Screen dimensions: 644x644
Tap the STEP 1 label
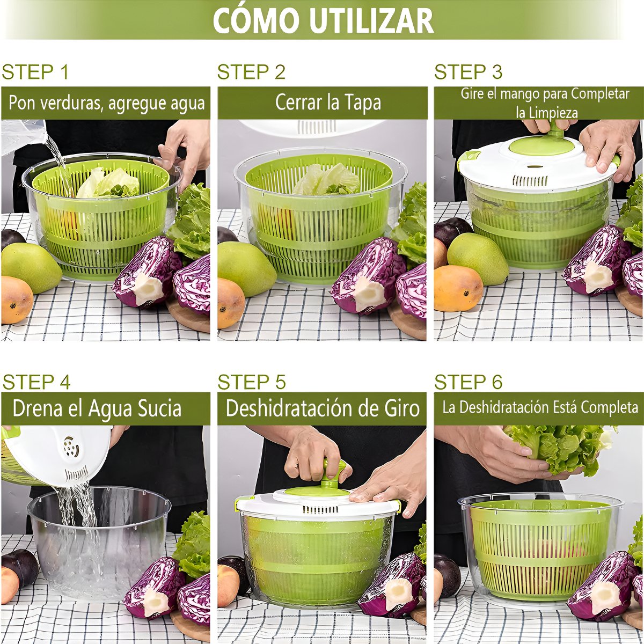[35, 72]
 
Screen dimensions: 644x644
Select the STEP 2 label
[251, 72]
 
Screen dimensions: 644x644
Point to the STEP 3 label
[468, 72]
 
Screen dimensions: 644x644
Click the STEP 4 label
[36, 382]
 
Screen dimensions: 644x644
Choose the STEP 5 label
[252, 382]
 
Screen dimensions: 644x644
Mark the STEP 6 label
[468, 382]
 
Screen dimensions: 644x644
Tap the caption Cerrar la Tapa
[328, 103]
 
